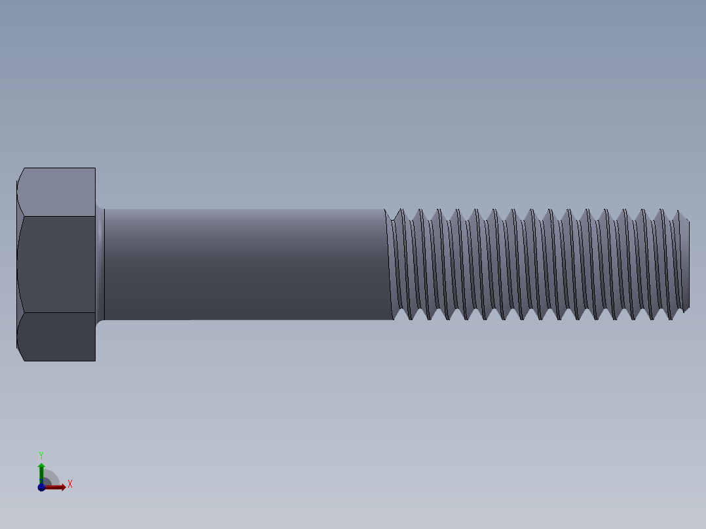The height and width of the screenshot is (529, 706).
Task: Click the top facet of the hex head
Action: (x=58, y=192)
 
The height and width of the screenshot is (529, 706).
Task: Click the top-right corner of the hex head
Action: (x=95, y=168)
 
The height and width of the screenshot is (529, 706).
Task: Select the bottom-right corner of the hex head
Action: (x=95, y=360)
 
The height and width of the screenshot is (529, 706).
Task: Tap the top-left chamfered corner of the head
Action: (x=20, y=174)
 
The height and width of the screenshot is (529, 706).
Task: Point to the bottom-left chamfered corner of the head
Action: (x=20, y=354)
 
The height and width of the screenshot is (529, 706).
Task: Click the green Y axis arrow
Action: (x=41, y=468)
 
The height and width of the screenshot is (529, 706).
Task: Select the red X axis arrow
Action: (x=59, y=486)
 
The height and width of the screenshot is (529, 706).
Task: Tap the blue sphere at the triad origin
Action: (x=41, y=487)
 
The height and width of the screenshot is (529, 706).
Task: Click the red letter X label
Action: (x=69, y=484)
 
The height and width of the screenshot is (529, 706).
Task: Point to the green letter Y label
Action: (x=41, y=454)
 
